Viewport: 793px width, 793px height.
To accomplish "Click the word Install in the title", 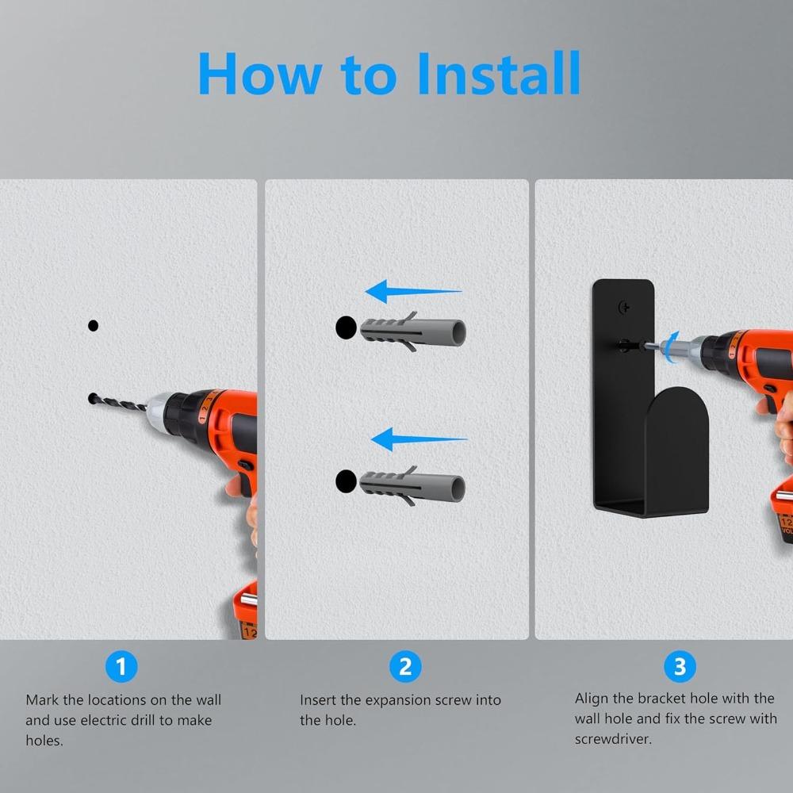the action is [x=499, y=73].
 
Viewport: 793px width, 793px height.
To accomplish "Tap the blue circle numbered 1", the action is [x=121, y=666].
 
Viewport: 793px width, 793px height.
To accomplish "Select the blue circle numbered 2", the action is [x=405, y=666].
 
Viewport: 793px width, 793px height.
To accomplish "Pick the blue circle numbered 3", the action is [x=680, y=666].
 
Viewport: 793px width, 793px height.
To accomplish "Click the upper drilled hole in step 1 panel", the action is [x=93, y=326].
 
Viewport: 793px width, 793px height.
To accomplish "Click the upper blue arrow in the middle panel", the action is [x=413, y=291].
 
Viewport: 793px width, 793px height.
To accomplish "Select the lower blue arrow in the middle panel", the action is [x=418, y=439].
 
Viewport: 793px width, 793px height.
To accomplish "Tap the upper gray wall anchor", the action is [x=412, y=331].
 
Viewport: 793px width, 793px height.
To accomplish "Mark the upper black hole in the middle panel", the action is [x=346, y=328].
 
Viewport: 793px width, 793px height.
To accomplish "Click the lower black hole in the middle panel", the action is [x=346, y=481].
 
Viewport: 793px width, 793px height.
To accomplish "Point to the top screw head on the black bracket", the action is [x=625, y=308].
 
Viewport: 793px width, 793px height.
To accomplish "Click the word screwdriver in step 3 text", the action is [x=613, y=739].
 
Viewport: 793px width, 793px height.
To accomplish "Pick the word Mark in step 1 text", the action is [x=43, y=700].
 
